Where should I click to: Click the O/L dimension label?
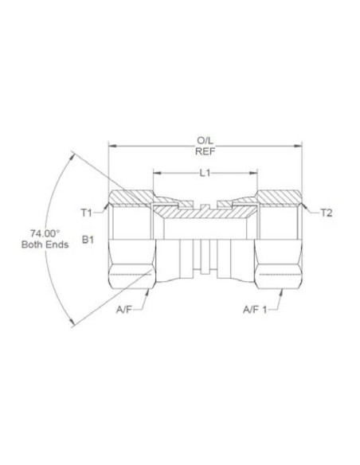(x=205, y=140)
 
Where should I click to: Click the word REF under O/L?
(x=205, y=151)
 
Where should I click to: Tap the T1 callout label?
(x=87, y=213)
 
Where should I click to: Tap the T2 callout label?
(x=326, y=213)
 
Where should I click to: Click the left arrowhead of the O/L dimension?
(x=112, y=146)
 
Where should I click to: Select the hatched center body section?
(x=205, y=213)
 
